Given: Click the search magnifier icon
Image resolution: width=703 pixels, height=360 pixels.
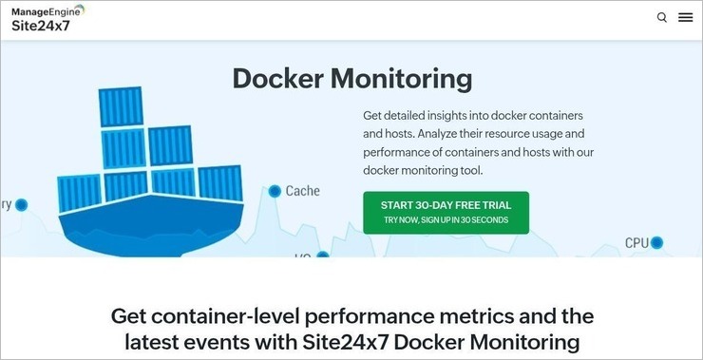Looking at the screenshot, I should pyautogui.click(x=662, y=17).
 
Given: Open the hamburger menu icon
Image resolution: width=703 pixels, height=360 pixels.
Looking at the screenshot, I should pyautogui.click(x=685, y=17).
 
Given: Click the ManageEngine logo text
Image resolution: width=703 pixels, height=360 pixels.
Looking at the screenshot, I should pyautogui.click(x=45, y=10).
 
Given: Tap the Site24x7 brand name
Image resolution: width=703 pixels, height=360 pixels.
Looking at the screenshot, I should pyautogui.click(x=41, y=26).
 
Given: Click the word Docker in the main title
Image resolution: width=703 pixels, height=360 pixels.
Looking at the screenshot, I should pyautogui.click(x=284, y=78).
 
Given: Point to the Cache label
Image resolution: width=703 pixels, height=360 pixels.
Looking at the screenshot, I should pyautogui.click(x=302, y=191).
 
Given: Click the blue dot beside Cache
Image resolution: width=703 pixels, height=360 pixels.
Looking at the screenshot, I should pyautogui.click(x=275, y=191).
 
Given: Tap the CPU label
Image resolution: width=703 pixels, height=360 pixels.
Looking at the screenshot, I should pyautogui.click(x=636, y=243).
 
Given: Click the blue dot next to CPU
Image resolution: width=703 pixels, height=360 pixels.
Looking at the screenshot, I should pyautogui.click(x=656, y=243).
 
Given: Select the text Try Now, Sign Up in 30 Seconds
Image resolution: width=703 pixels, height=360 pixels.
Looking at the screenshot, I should pyautogui.click(x=446, y=220).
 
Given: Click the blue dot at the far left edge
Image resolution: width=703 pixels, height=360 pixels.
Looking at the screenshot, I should pyautogui.click(x=21, y=205).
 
